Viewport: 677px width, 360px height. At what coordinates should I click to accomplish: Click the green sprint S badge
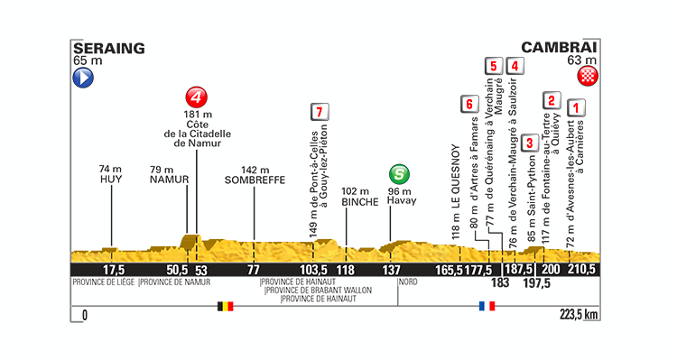(397, 172)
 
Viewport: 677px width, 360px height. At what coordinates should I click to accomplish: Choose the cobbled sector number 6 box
(467, 104)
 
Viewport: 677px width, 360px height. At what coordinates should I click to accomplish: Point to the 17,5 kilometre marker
(113, 270)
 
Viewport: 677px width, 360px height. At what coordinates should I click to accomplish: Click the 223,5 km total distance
(579, 316)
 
